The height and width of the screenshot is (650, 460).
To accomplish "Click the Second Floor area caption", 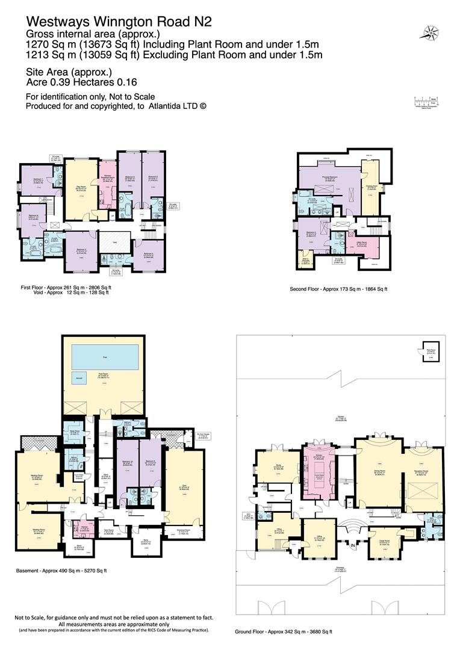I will [339, 289].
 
